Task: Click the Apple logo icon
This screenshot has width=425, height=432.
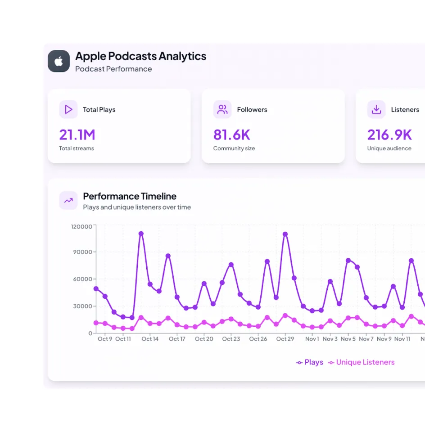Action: pyautogui.click(x=59, y=61)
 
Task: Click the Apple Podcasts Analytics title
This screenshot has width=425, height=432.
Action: pyautogui.click(x=140, y=56)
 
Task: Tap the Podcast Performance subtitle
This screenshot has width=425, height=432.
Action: pyautogui.click(x=113, y=69)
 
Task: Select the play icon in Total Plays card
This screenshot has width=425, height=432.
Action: pyautogui.click(x=68, y=109)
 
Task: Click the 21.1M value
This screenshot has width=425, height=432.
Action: pyautogui.click(x=77, y=135)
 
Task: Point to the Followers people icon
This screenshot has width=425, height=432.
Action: pyautogui.click(x=222, y=109)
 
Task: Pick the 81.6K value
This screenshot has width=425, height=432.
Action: pyautogui.click(x=231, y=135)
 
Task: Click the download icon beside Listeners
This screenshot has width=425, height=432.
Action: pyautogui.click(x=376, y=109)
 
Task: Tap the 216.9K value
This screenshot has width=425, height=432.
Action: pyautogui.click(x=389, y=135)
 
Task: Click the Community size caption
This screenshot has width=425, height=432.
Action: pyautogui.click(x=234, y=148)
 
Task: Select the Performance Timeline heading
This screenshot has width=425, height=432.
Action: pyautogui.click(x=130, y=196)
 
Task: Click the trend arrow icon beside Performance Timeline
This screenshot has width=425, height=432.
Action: pyautogui.click(x=68, y=200)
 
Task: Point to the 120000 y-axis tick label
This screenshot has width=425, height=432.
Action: pyautogui.click(x=81, y=226)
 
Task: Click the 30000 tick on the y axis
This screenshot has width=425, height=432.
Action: pyautogui.click(x=83, y=306)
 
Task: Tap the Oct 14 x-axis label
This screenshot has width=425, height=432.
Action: pyautogui.click(x=150, y=339)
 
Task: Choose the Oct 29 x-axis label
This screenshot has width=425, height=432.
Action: pyautogui.click(x=285, y=339)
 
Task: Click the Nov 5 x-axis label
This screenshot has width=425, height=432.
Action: pyautogui.click(x=348, y=339)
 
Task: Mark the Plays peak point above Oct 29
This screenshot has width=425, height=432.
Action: pyautogui.click(x=285, y=234)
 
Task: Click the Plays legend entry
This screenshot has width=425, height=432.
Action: pyautogui.click(x=310, y=362)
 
